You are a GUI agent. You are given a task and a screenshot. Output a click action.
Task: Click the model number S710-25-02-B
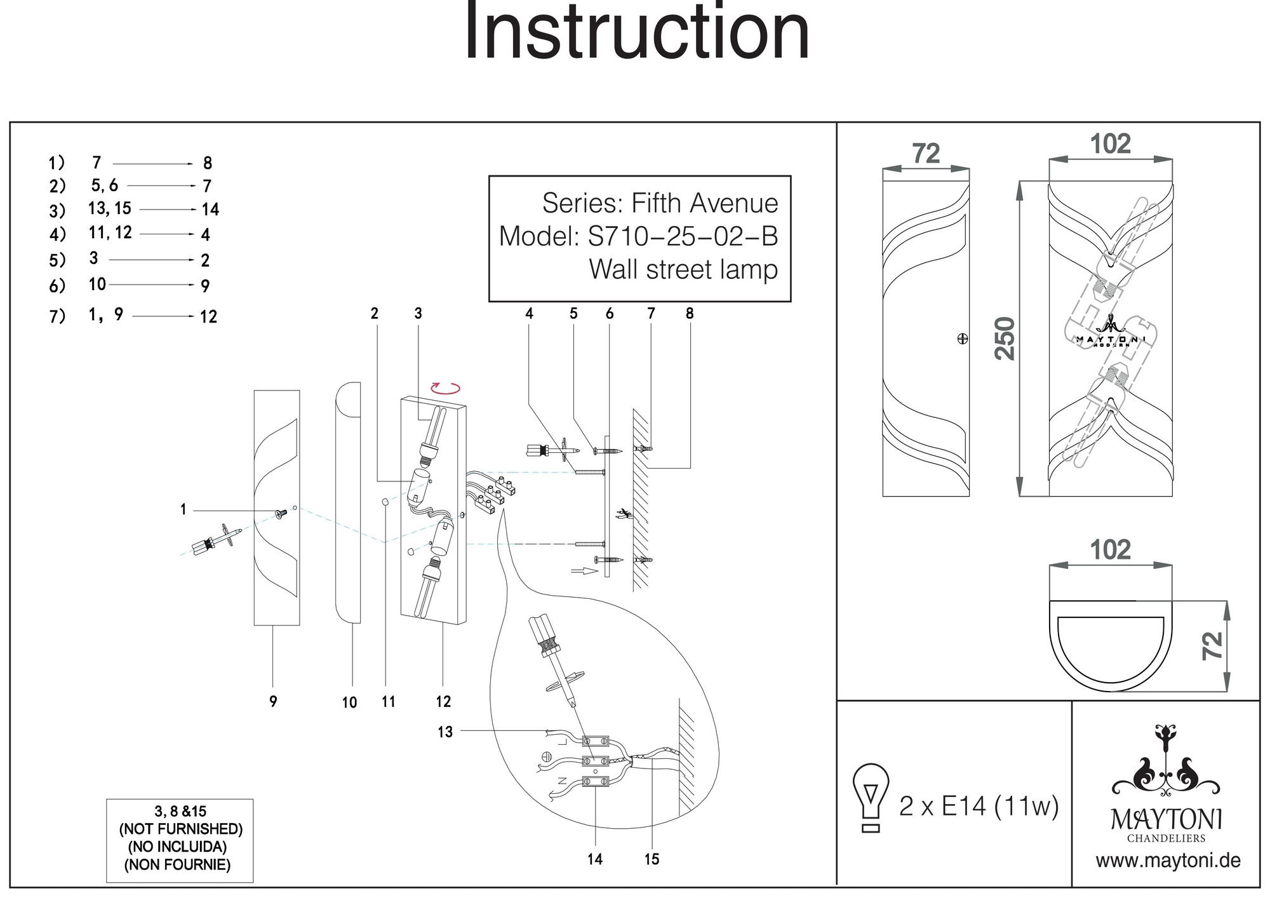683,236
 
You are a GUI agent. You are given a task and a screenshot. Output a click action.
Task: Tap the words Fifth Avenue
704,203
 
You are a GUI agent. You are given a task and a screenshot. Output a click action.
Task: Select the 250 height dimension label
1005,338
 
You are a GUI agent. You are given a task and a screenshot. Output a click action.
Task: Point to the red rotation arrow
444,388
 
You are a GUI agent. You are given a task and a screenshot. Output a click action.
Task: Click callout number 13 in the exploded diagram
445,732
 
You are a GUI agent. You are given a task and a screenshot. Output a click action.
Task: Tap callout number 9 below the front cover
273,701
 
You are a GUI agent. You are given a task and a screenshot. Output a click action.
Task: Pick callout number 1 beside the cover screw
184,509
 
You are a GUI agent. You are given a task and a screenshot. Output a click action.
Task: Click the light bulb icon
871,797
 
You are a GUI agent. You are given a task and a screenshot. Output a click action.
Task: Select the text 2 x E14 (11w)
979,807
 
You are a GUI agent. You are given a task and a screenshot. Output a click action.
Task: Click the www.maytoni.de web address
1168,861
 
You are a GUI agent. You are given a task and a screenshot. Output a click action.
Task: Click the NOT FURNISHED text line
181,829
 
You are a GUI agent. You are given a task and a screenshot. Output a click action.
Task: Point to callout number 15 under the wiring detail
652,859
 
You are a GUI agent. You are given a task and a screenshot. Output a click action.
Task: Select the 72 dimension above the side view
926,154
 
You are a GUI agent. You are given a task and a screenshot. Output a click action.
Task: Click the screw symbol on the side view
962,339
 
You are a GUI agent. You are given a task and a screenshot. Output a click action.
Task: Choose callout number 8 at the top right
690,313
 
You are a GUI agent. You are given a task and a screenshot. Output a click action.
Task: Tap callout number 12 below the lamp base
443,701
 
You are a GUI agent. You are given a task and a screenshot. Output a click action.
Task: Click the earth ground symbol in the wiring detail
545,756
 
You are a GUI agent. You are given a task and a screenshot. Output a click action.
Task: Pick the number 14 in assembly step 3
210,210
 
